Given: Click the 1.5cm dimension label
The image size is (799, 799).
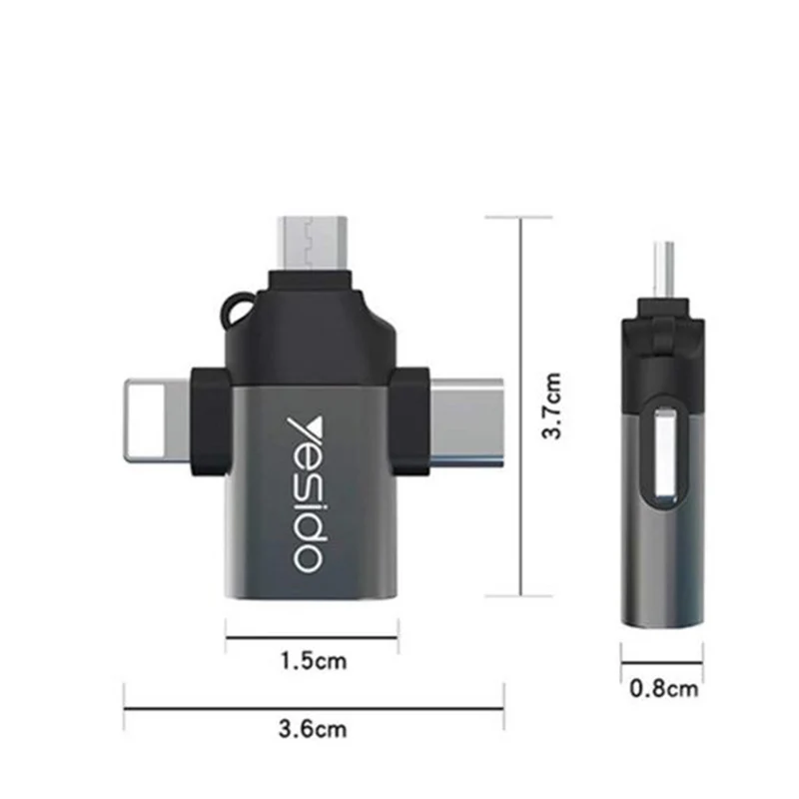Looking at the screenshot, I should tap(312, 659).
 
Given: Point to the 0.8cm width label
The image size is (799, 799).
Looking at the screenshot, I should tap(663, 688).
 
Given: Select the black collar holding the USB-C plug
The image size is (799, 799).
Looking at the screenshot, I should tap(412, 419).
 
